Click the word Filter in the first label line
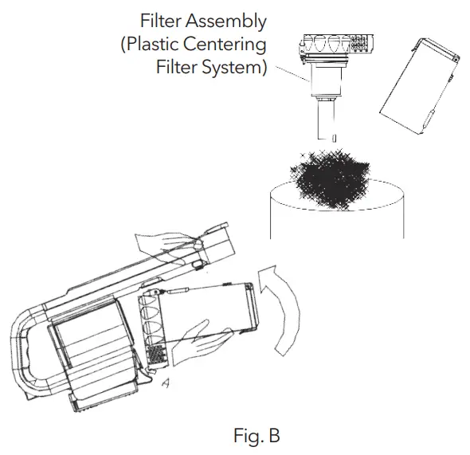161,21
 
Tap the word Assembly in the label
226,22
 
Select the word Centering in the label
225,45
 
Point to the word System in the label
234,68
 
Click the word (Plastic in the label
150,45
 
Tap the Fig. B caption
257,436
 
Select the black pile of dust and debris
330,178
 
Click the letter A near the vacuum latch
166,383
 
